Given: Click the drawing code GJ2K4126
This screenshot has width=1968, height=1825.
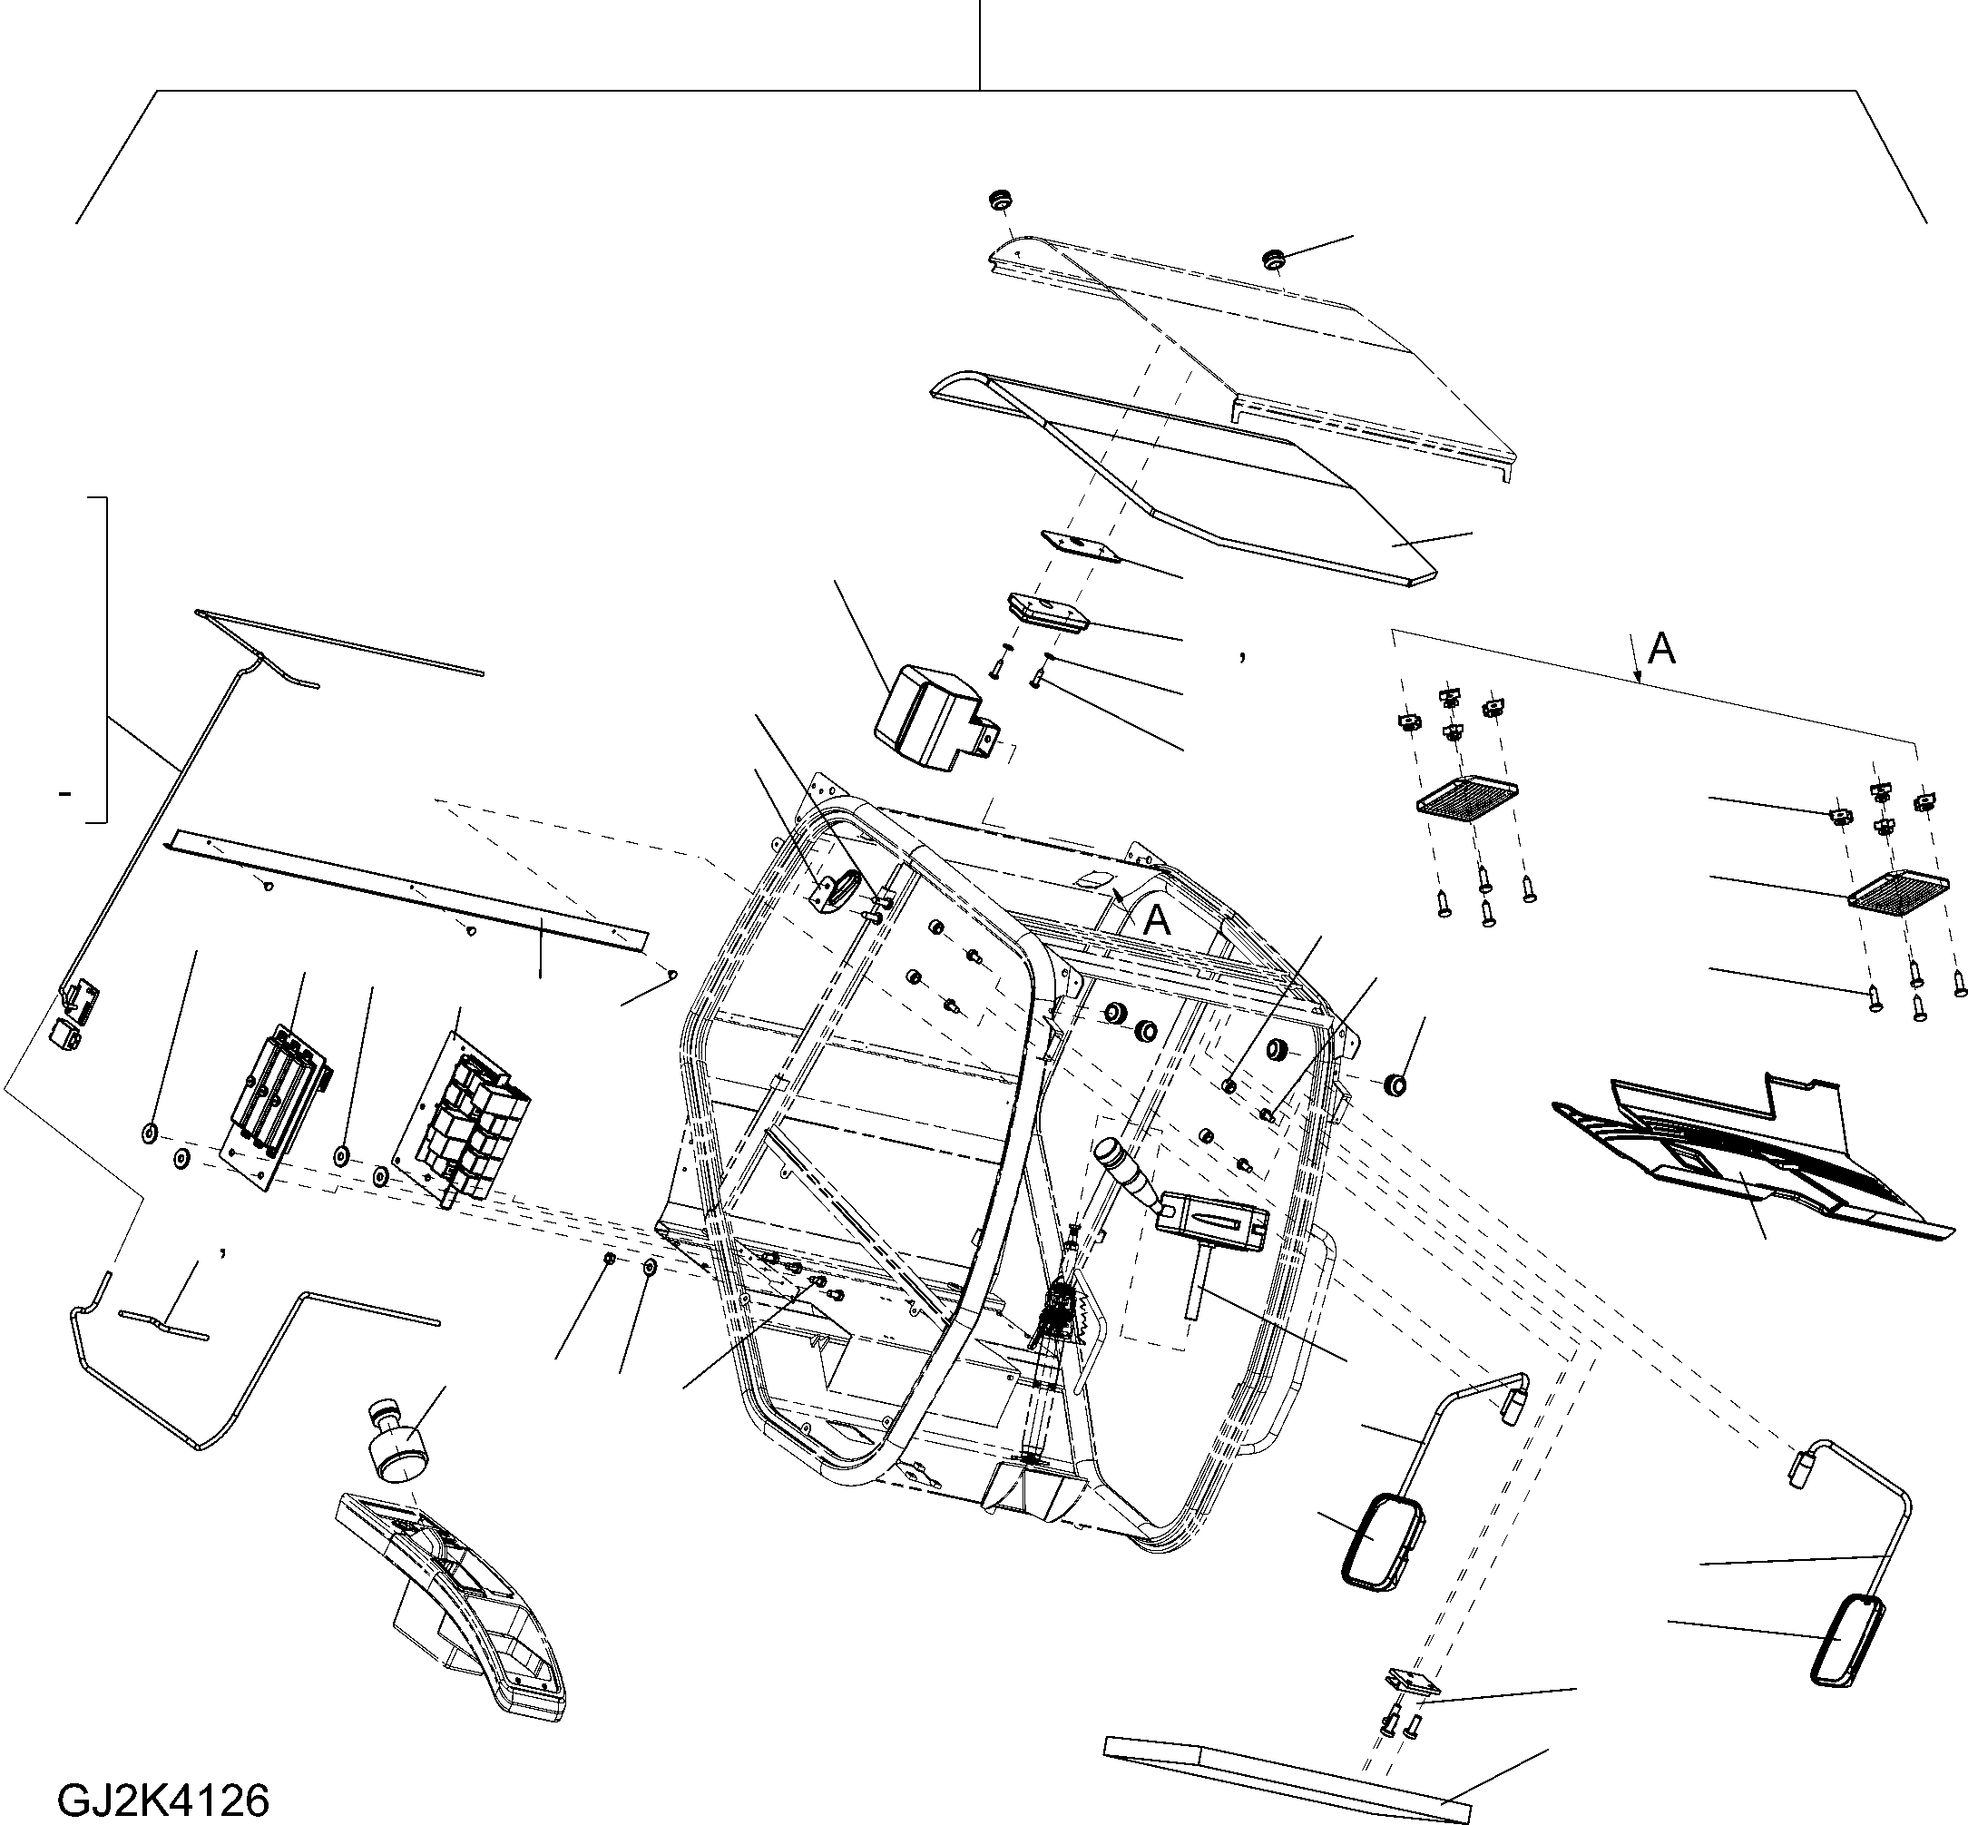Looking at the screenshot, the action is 164,1800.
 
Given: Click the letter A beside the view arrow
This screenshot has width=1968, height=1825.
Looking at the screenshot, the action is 1663,649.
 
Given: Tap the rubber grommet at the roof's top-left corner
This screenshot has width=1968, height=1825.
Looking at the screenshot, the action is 1004,200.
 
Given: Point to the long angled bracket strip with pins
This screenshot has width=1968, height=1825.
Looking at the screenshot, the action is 406,888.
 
